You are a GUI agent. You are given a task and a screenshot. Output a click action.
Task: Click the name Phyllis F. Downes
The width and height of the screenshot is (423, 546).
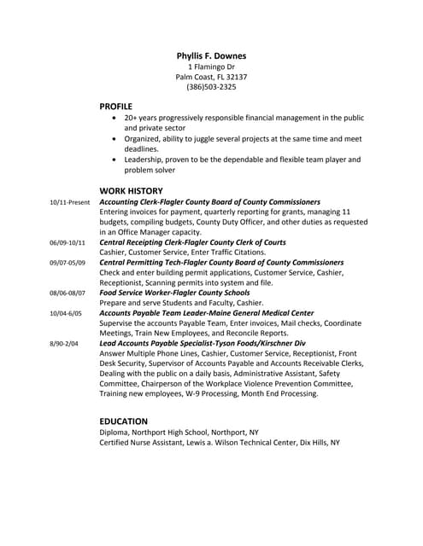[210, 56]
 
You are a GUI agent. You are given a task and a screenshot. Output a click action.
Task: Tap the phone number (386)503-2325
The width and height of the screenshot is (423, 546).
[210, 87]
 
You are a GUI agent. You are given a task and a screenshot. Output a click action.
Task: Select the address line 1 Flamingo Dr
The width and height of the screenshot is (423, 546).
[210, 67]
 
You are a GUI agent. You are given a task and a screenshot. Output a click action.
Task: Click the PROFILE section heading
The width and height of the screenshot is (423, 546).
[116, 106]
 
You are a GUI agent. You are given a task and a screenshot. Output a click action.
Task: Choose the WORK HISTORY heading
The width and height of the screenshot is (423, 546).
[131, 190]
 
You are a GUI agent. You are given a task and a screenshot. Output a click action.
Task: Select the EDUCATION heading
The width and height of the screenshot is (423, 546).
[124, 421]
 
